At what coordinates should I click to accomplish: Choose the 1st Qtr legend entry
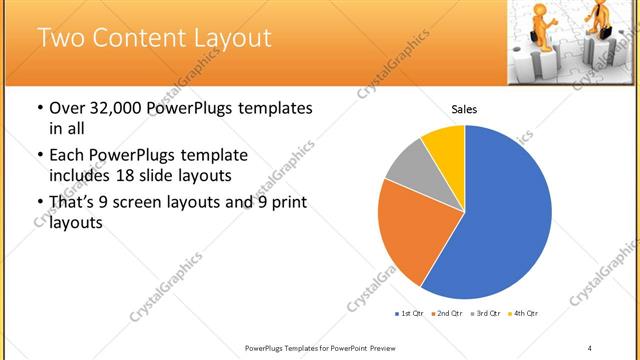[410, 314]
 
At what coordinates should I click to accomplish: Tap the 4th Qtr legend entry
[524, 314]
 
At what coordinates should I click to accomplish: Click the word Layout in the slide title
[229, 39]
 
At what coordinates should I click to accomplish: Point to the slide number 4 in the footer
[590, 347]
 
